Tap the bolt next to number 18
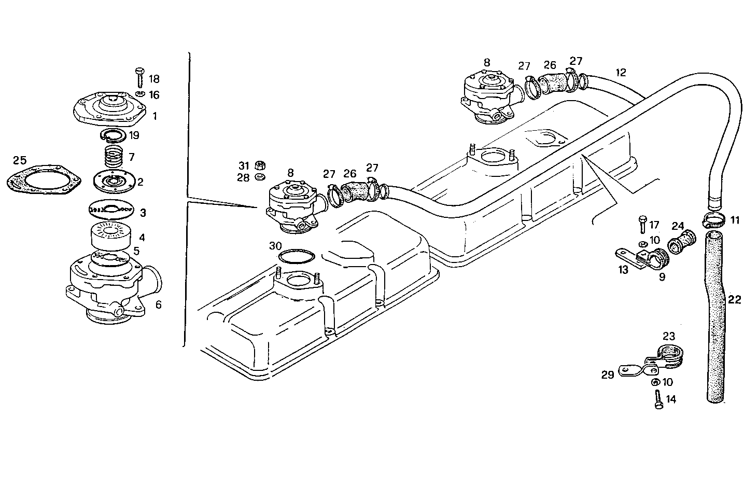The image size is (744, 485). click(x=139, y=78)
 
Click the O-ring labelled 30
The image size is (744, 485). click(x=297, y=257)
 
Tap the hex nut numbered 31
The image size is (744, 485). click(x=260, y=166)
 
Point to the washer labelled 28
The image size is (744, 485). click(x=259, y=178)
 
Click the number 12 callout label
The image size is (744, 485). click(x=620, y=72)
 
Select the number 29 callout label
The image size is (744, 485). click(x=608, y=374)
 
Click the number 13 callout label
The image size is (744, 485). click(x=623, y=270)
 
